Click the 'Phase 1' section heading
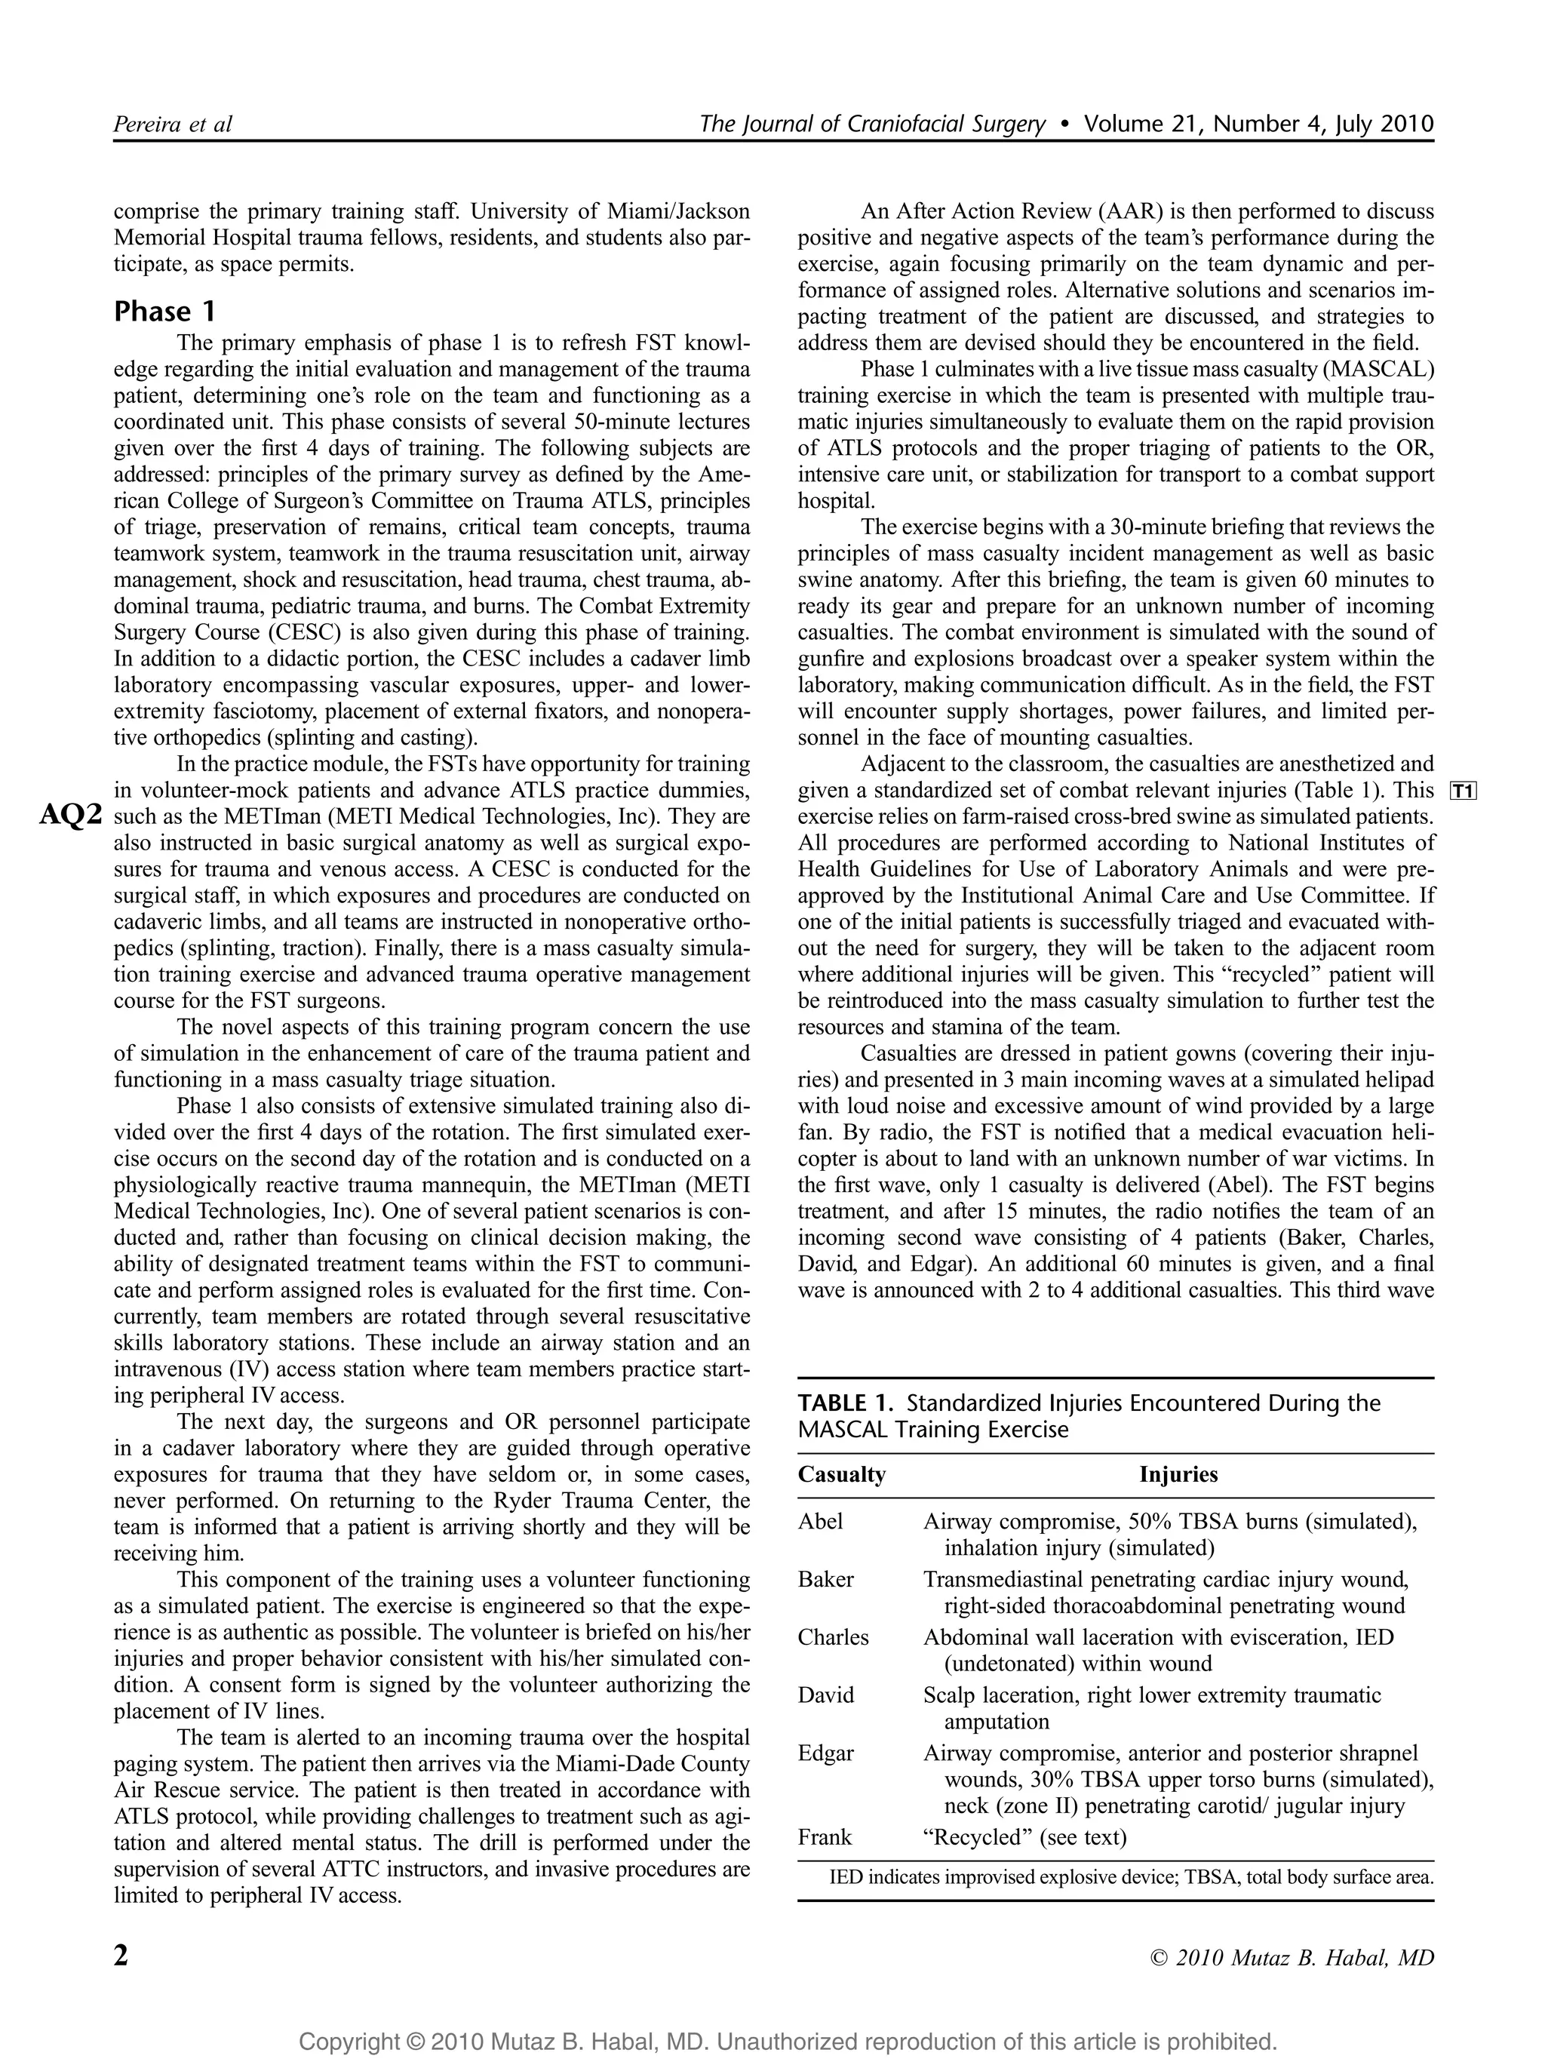164,312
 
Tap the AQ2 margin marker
70,816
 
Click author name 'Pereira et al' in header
172,124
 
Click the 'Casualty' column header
841,1474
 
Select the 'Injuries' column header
1178,1474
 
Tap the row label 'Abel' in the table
821,1521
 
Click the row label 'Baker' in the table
826,1579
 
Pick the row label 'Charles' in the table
833,1637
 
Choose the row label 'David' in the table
826,1695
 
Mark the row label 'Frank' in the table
825,1837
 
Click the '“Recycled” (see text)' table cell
1024,1837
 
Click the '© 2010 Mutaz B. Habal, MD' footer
1292,1958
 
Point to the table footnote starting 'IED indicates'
1131,1876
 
